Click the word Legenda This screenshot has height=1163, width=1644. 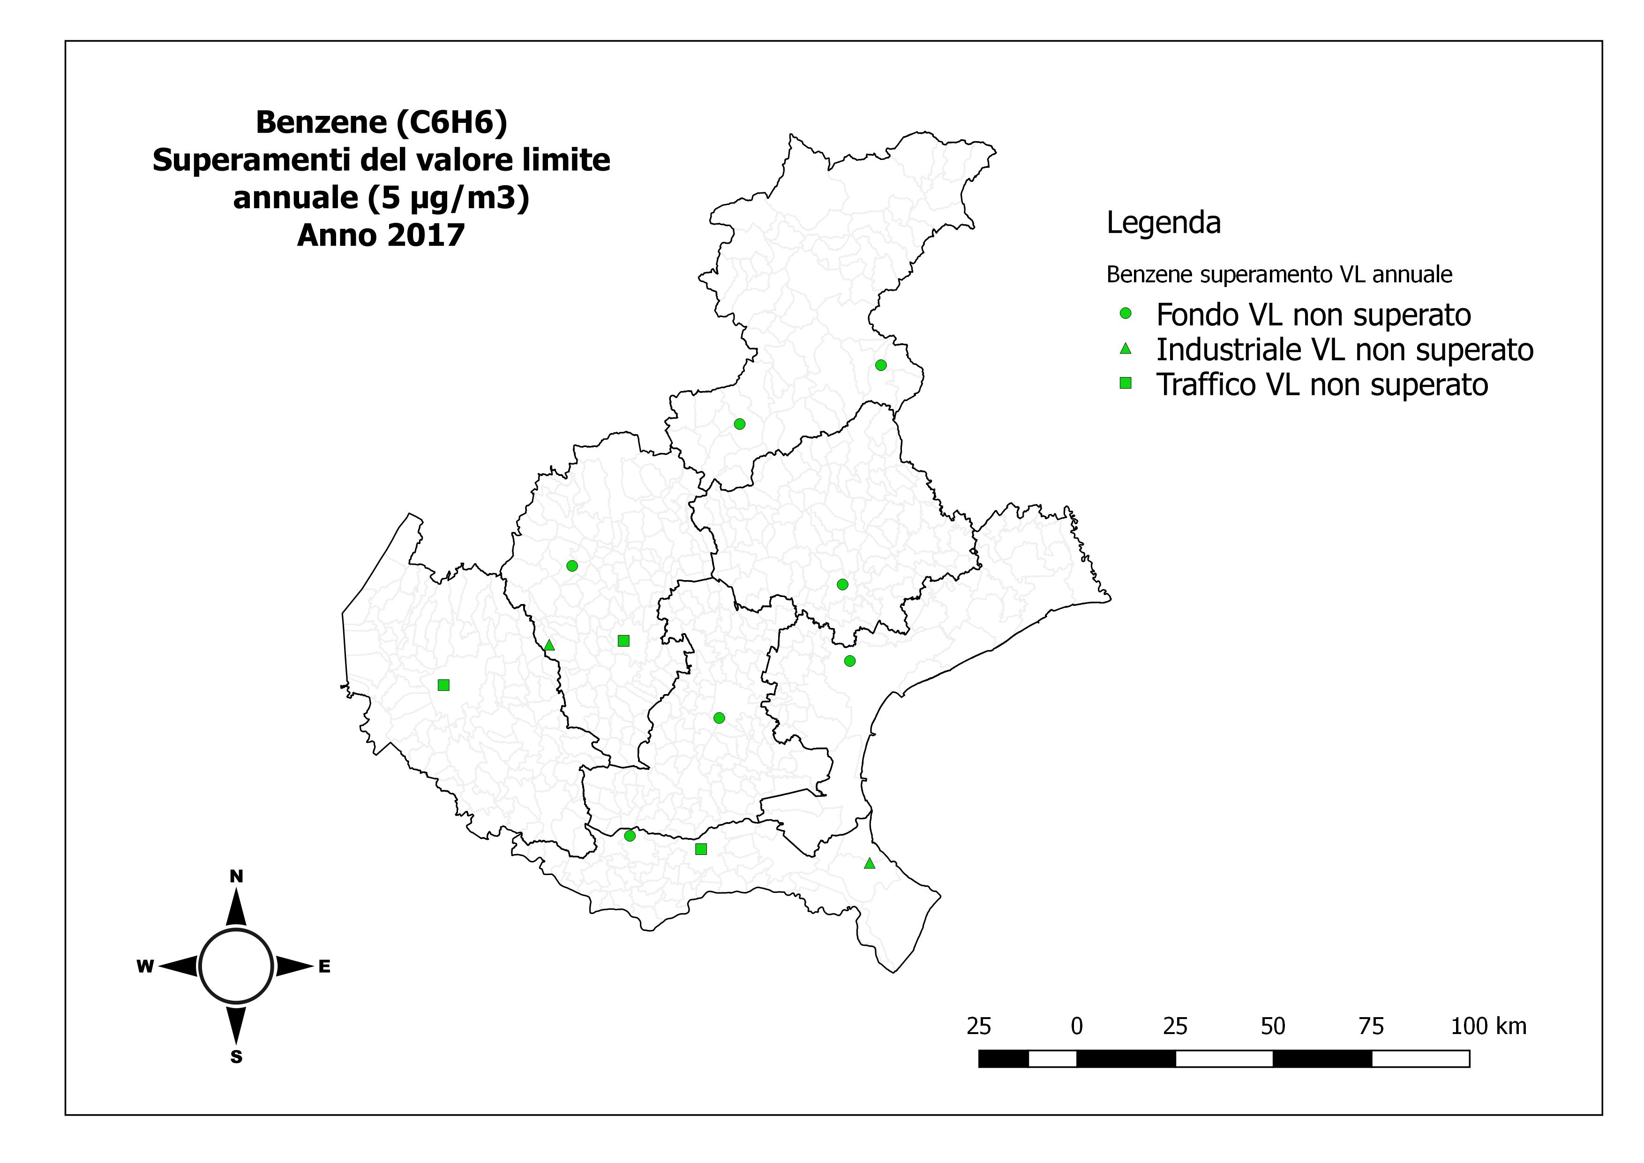(1163, 223)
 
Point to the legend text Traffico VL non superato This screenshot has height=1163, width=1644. (1322, 385)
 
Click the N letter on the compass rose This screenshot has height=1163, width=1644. (236, 876)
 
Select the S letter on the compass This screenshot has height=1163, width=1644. (236, 1057)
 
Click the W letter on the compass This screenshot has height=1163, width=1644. (145, 967)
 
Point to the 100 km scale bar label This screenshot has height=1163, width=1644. (1489, 1026)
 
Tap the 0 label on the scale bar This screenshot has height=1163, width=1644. (1076, 1026)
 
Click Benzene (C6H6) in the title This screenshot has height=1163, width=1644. (381, 122)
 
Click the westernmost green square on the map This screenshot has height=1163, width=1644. (443, 685)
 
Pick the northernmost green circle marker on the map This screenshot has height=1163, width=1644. (881, 365)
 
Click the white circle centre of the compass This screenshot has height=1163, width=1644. (236, 967)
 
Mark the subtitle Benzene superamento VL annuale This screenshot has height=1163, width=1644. (1279, 274)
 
